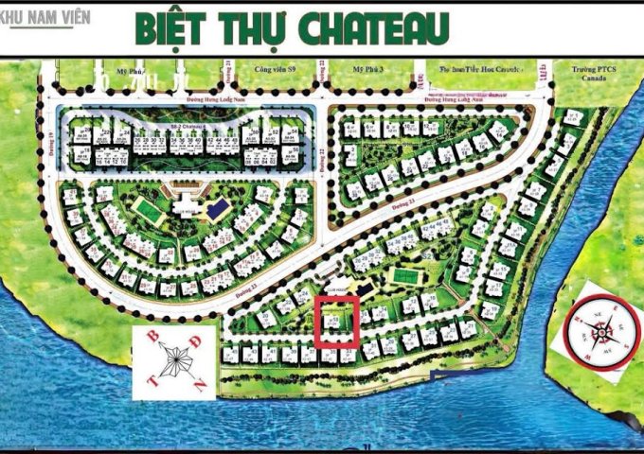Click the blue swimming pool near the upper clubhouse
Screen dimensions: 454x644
(217, 206)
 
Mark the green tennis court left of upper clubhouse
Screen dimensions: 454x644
(143, 205)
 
